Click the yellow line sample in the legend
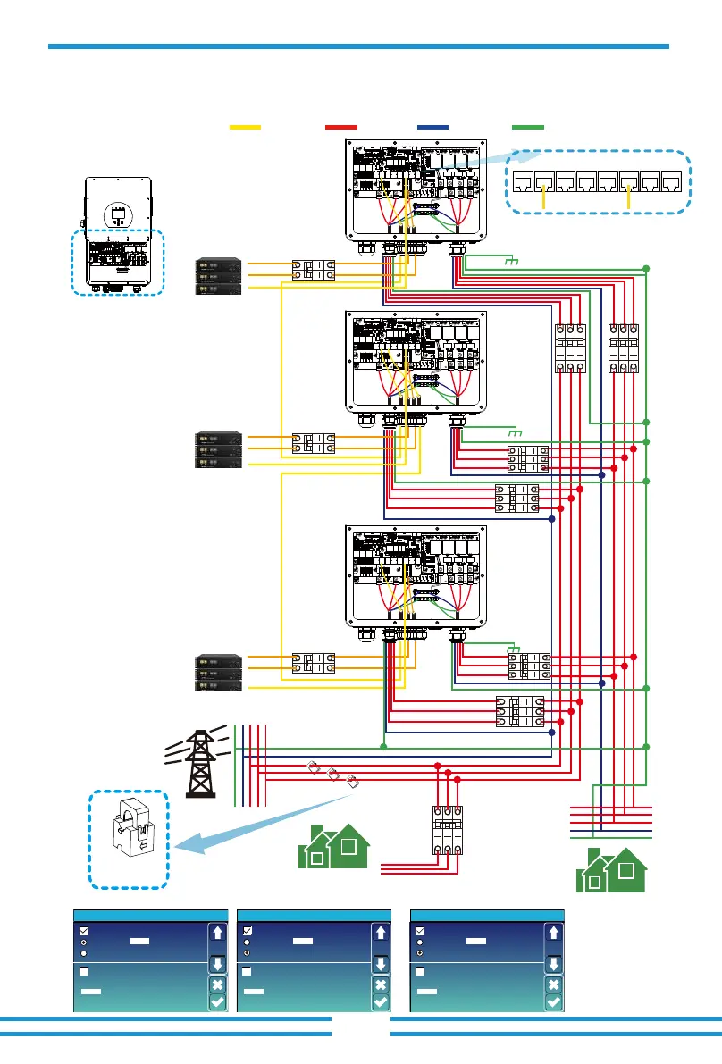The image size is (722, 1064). pyautogui.click(x=245, y=128)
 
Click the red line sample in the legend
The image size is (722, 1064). pyautogui.click(x=341, y=128)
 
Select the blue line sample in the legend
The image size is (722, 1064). pyautogui.click(x=433, y=128)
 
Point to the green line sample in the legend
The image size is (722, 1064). pyautogui.click(x=528, y=128)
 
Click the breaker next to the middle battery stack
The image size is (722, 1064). pyautogui.click(x=313, y=447)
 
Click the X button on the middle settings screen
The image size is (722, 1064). pyautogui.click(x=380, y=984)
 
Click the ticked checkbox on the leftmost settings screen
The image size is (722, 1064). pyautogui.click(x=84, y=930)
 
